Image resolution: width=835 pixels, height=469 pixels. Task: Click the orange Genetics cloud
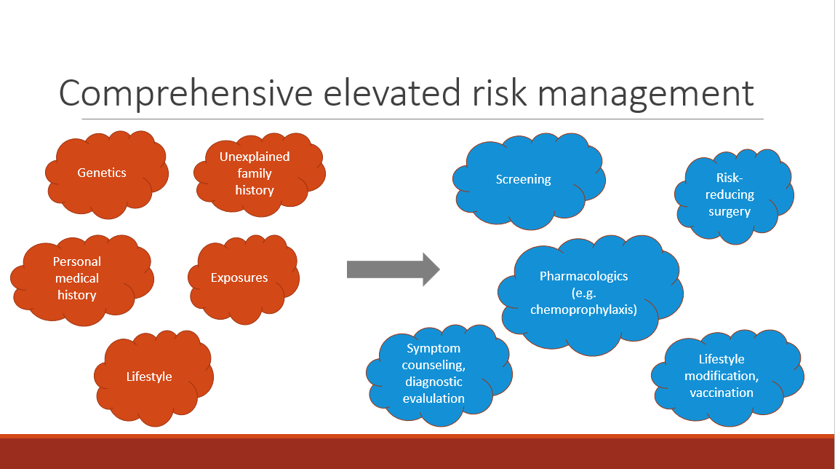(103, 173)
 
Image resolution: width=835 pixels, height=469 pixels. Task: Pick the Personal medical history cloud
(77, 278)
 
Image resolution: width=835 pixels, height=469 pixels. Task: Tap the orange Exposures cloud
(239, 278)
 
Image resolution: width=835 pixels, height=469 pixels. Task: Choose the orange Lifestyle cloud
(149, 377)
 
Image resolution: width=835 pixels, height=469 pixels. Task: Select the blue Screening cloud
(524, 179)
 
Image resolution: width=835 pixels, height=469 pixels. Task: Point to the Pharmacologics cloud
(584, 293)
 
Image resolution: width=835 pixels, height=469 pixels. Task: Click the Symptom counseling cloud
(434, 373)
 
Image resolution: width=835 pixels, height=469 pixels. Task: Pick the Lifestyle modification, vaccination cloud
(722, 376)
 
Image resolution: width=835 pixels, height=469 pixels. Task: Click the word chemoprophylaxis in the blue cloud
(584, 310)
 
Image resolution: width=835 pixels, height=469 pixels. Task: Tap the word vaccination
(722, 393)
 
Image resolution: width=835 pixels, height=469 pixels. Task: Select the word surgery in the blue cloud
(730, 212)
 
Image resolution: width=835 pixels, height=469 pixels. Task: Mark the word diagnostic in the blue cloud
(433, 382)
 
